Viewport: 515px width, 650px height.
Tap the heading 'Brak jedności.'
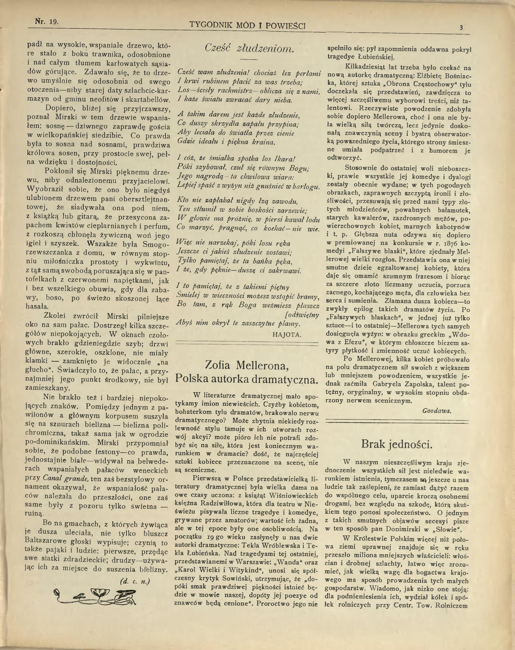(397, 444)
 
